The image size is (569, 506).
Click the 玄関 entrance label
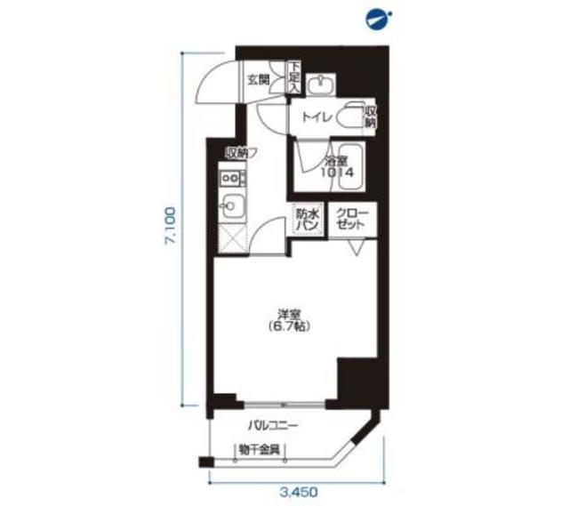(x=258, y=78)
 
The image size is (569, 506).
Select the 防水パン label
(x=307, y=219)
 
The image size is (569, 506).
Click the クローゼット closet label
(x=350, y=219)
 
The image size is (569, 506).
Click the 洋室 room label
(x=286, y=315)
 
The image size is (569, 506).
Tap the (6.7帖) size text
(x=286, y=327)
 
